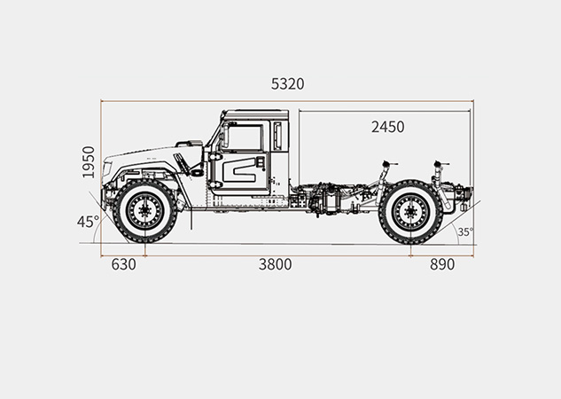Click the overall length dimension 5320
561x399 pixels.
coord(287,84)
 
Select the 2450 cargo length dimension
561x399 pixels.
coord(388,127)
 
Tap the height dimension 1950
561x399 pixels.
coord(89,162)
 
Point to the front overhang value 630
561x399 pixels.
coord(124,264)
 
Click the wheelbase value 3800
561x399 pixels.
coord(275,264)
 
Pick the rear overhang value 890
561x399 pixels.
coord(442,264)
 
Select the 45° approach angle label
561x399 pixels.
coord(88,222)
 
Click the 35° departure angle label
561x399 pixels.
coord(465,232)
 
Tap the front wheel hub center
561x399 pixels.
coord(144,211)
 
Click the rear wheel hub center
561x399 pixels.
coord(410,212)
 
